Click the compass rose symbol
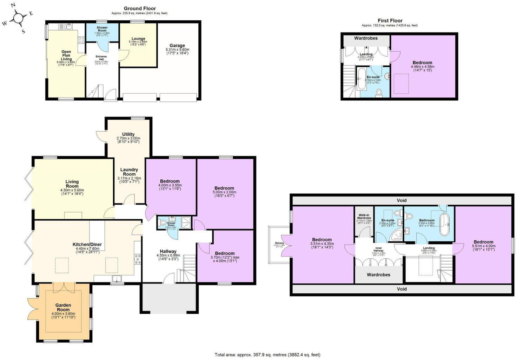[x=18, y=18]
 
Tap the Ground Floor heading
[x=140, y=8]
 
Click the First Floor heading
[x=390, y=21]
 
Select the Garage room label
[x=177, y=46]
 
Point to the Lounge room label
[x=138, y=39]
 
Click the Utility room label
[x=128, y=134]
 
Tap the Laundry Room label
[x=129, y=172]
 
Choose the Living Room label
[x=72, y=184]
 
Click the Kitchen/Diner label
[x=87, y=245]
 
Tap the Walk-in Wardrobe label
[x=364, y=216]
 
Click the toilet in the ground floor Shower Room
[x=163, y=222]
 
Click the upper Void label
[x=402, y=200]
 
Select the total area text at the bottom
[x=267, y=355]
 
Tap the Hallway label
[x=168, y=251]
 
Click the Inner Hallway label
[x=378, y=249]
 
